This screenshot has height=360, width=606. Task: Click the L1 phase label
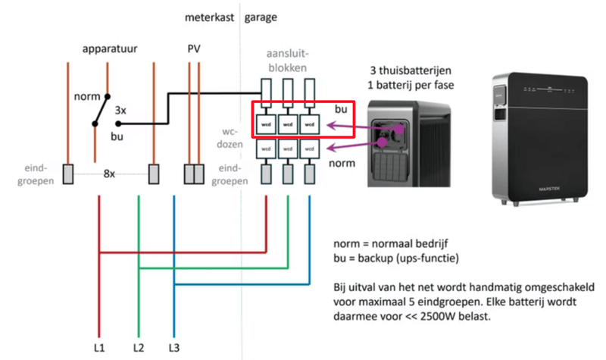[99, 349]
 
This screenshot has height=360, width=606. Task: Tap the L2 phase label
[138, 349]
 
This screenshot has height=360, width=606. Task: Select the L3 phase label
[174, 349]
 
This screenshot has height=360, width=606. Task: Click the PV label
[194, 49]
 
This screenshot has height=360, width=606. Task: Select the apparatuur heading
[114, 49]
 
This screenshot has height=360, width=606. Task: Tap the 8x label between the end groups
[109, 174]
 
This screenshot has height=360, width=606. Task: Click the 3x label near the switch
[120, 110]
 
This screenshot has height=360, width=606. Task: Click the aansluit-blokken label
[288, 61]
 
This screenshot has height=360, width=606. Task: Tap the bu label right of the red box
[340, 110]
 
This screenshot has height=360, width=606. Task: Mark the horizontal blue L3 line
[242, 285]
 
